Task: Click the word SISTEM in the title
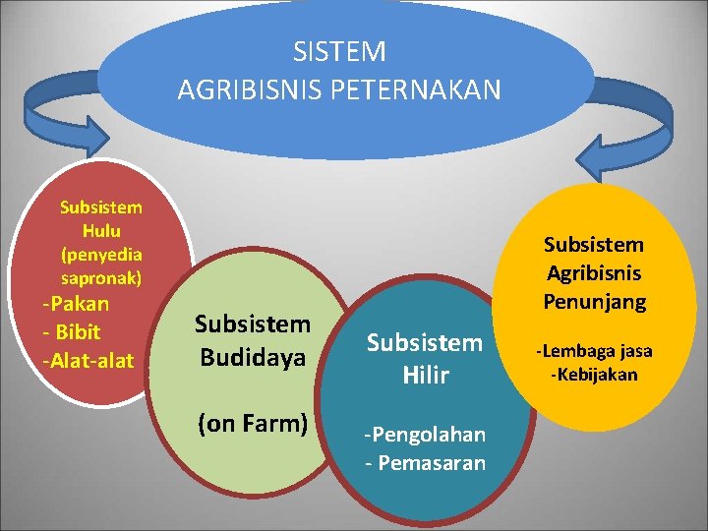[339, 51]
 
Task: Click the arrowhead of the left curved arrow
[93, 139]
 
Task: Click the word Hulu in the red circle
[100, 231]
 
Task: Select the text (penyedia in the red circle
[100, 254]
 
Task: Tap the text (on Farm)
[253, 424]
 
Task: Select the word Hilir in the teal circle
[425, 374]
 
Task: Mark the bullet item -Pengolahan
[425, 435]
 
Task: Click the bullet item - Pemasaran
[425, 462]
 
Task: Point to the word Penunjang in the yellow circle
[595, 301]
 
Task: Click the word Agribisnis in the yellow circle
[595, 272]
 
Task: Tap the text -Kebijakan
[594, 374]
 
